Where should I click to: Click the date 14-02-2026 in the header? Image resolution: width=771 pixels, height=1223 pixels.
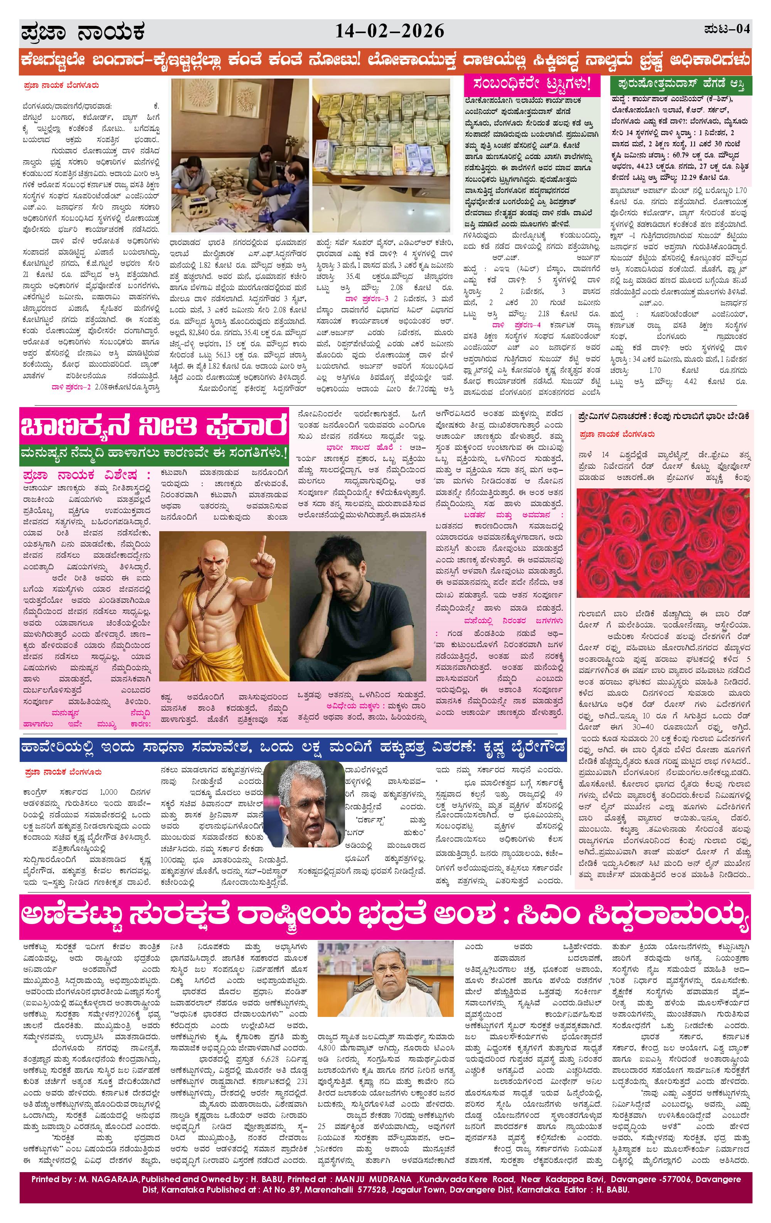[389, 32]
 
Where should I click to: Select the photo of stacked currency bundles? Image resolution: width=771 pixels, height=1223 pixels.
[381, 155]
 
